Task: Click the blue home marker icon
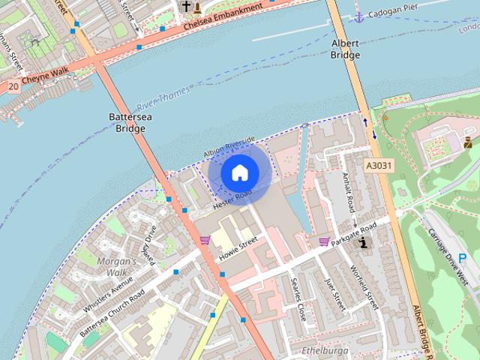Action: (x=239, y=172)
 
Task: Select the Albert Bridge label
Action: (x=346, y=49)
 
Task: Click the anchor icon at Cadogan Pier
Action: (x=359, y=16)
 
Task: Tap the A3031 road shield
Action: (x=380, y=164)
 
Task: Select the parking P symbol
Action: (x=463, y=257)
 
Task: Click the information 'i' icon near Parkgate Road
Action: (x=364, y=242)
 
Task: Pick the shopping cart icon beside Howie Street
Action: (x=205, y=241)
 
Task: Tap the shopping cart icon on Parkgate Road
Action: (x=324, y=241)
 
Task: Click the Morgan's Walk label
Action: (x=118, y=266)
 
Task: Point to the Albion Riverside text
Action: (x=229, y=146)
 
